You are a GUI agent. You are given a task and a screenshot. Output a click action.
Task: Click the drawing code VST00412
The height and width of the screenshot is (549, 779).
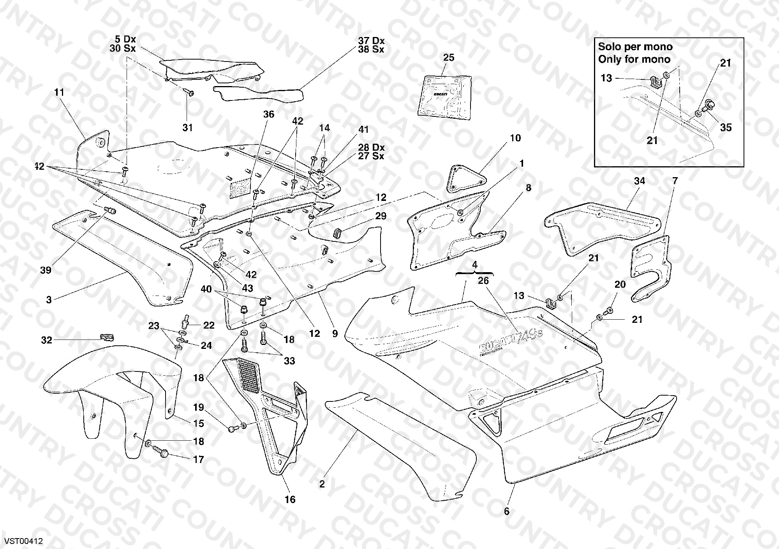click(x=23, y=541)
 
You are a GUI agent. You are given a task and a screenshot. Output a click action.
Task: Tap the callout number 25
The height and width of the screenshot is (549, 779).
click(x=449, y=58)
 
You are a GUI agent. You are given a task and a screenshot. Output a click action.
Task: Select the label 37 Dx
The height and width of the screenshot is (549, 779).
click(x=371, y=41)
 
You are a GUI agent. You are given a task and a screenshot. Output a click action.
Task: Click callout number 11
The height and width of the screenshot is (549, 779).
click(x=59, y=92)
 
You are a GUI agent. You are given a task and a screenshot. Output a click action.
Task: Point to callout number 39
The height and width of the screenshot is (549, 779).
click(x=46, y=270)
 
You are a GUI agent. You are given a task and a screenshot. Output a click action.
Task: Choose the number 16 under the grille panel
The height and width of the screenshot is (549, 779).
click(x=290, y=500)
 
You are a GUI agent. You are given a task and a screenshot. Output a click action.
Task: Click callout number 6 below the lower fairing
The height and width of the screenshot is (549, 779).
click(x=507, y=511)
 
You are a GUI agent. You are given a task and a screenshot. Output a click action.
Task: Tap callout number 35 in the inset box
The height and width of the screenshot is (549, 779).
click(x=726, y=128)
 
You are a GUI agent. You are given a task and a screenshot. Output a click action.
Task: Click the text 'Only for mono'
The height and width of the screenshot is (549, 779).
click(x=634, y=59)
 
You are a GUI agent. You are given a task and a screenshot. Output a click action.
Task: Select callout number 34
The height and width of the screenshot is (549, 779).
click(x=640, y=181)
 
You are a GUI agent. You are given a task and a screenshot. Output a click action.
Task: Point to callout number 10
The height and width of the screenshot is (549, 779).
click(x=515, y=138)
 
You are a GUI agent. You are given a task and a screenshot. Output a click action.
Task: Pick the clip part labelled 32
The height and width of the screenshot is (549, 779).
click(x=106, y=336)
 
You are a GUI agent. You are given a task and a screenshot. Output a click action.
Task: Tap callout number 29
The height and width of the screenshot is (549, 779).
click(x=381, y=216)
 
